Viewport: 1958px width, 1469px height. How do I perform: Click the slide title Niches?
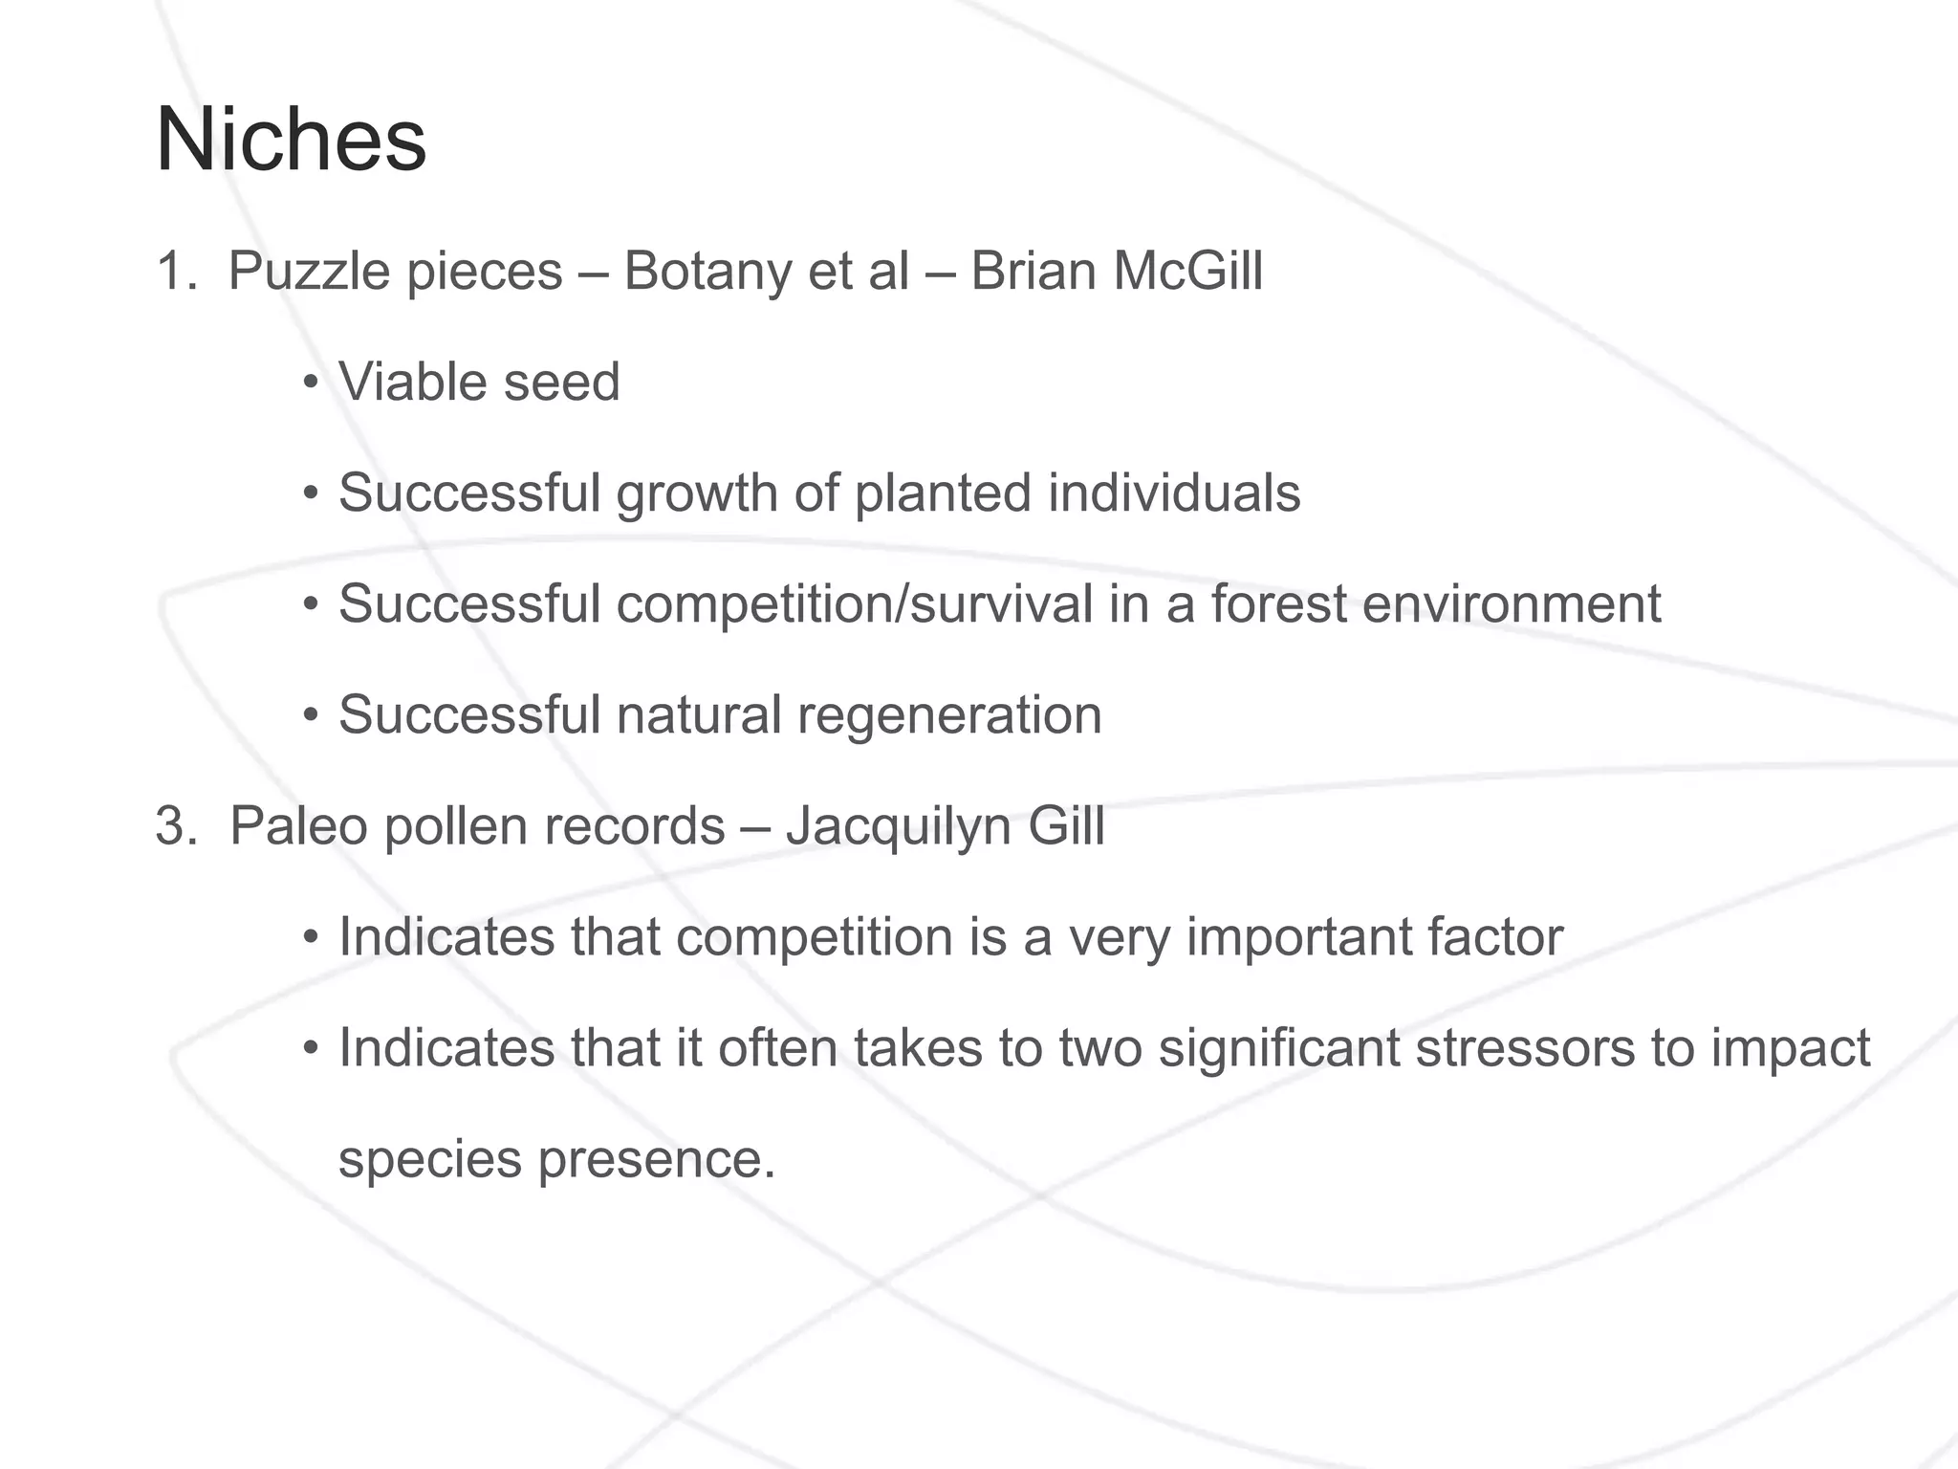click(x=291, y=141)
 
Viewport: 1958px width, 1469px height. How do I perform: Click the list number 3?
click(x=174, y=825)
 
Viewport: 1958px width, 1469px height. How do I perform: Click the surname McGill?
click(x=1187, y=271)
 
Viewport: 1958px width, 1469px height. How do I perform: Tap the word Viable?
click(x=412, y=382)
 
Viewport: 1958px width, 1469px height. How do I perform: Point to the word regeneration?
click(x=948, y=716)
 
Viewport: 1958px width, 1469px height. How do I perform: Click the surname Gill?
click(x=1066, y=825)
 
